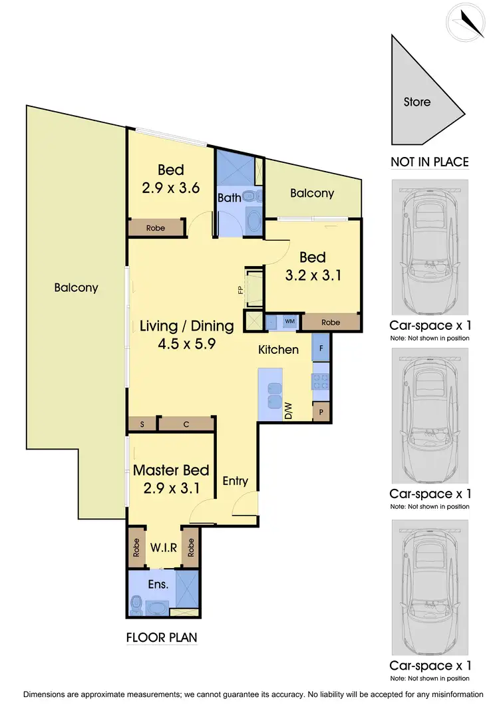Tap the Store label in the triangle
[x=417, y=102]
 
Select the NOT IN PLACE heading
[x=429, y=162]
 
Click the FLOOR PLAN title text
[x=162, y=637]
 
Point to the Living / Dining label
[x=186, y=326]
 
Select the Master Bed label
[x=171, y=470]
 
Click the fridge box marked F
[x=321, y=347]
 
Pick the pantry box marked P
[x=321, y=412]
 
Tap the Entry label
[x=235, y=480]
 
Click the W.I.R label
[x=162, y=549]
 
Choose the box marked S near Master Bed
[x=142, y=424]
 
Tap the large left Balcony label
[x=76, y=288]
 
